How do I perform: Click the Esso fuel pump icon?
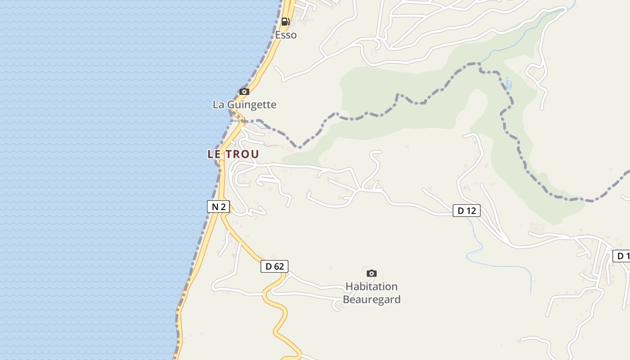(285, 21)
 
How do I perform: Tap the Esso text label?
(286, 35)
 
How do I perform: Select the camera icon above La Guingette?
(244, 91)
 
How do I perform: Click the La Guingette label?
(244, 105)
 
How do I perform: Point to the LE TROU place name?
(233, 154)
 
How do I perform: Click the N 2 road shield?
(218, 207)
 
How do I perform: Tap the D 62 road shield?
(274, 266)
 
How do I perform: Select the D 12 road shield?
(466, 211)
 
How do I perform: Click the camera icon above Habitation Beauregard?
(371, 273)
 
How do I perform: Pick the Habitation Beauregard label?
(372, 293)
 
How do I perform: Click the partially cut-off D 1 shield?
(621, 256)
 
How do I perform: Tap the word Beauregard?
(372, 300)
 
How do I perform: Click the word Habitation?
(372, 287)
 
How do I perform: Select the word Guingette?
(252, 105)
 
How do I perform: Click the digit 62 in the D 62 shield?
(279, 266)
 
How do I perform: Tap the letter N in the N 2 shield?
(215, 207)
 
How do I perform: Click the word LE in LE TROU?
(213, 154)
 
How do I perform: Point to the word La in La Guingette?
(218, 105)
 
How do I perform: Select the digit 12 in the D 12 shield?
(471, 211)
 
